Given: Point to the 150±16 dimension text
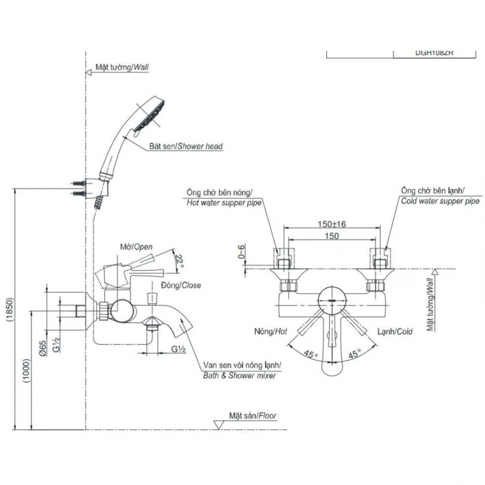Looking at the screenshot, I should click(332, 224).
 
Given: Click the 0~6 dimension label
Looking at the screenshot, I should click(241, 252).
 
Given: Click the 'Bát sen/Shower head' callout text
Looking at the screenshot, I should click(186, 147).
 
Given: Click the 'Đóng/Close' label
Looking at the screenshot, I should click(181, 284).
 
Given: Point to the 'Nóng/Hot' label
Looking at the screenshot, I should click(270, 332).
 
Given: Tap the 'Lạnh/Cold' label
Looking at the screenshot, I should click(395, 332).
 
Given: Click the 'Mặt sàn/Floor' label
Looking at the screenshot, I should click(253, 416).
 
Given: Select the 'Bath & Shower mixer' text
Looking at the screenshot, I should click(239, 376).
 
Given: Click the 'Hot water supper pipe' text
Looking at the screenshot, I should click(223, 203).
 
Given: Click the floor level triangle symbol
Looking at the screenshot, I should click(219, 424).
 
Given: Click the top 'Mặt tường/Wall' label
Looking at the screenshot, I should click(122, 69).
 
